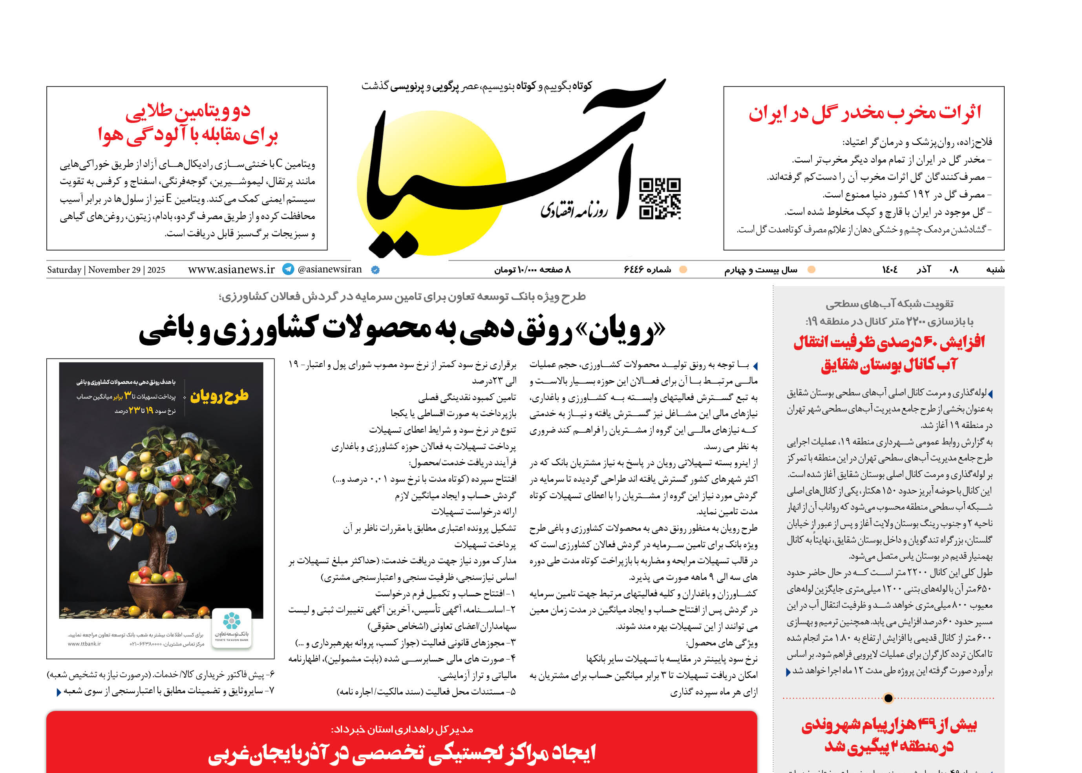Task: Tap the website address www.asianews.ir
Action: click(231, 269)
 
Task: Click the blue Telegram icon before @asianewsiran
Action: click(288, 269)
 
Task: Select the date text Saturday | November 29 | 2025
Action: click(106, 270)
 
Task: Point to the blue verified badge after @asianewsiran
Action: click(375, 270)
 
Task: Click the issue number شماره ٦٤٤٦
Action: click(647, 270)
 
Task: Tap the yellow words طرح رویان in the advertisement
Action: click(219, 397)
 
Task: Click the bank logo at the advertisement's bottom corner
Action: click(231, 627)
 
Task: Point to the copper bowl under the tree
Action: click(161, 598)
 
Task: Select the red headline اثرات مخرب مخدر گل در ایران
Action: click(865, 114)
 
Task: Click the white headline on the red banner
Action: click(402, 753)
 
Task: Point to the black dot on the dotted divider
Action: click(888, 698)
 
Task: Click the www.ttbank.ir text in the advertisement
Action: click(84, 644)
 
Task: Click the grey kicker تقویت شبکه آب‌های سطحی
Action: click(889, 304)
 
